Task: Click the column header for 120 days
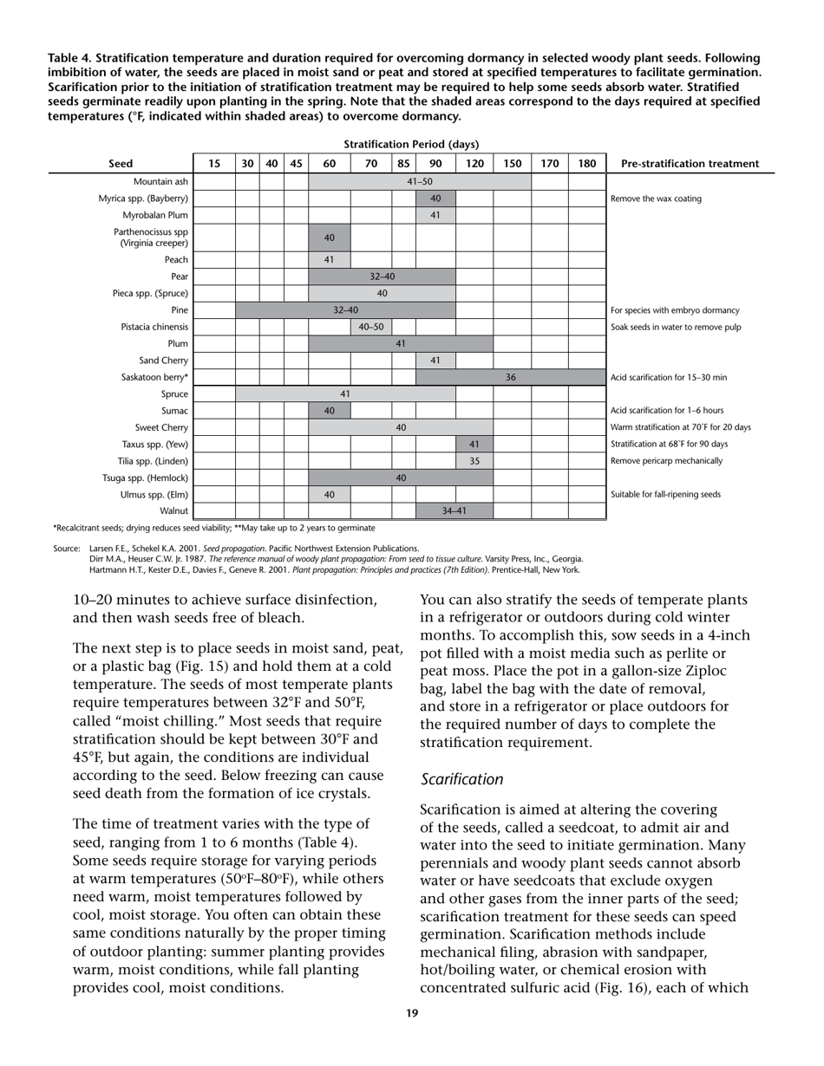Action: coord(474,164)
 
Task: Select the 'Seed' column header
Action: coord(121,164)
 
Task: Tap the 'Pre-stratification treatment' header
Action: coord(690,164)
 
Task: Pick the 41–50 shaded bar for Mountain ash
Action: coord(420,182)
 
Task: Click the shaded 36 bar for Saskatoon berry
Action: coord(511,377)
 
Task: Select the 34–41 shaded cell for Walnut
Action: coord(455,511)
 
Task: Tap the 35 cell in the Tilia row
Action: coord(474,461)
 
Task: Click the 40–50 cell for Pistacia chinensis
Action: coord(371,327)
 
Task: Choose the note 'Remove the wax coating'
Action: coord(656,198)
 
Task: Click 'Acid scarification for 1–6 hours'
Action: coord(667,411)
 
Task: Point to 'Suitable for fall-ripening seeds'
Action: coord(666,495)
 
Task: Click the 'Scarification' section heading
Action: coord(461,779)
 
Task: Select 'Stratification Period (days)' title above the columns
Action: coord(411,144)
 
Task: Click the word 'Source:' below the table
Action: coord(67,548)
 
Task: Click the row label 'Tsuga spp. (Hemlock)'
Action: coord(146,478)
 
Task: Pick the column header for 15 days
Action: coord(214,164)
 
